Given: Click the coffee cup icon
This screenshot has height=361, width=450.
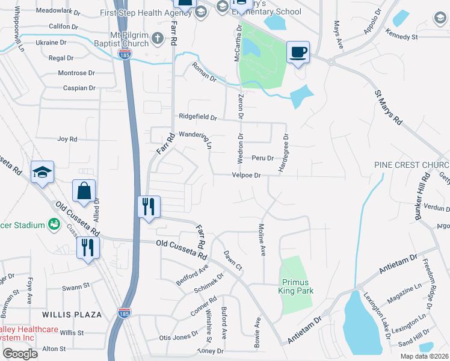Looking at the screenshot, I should pyautogui.click(x=297, y=52).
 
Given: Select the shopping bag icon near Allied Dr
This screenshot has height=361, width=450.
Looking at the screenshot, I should pyautogui.click(x=85, y=191).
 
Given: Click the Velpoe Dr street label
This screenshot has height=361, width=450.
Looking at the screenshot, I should pyautogui.click(x=246, y=176).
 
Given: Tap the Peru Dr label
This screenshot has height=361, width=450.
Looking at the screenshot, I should pyautogui.click(x=262, y=158).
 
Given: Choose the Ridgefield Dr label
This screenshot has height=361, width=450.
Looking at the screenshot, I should pyautogui.click(x=197, y=117).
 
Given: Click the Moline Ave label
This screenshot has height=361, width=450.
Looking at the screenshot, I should pyautogui.click(x=262, y=240).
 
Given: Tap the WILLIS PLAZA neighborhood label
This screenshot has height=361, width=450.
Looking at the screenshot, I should pyautogui.click(x=66, y=315).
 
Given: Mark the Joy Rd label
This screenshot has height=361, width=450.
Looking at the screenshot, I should pyautogui.click(x=67, y=139).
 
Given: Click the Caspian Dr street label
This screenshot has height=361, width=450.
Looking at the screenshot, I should pyautogui.click(x=79, y=88).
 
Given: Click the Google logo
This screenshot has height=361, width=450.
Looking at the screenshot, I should pyautogui.click(x=20, y=354).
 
